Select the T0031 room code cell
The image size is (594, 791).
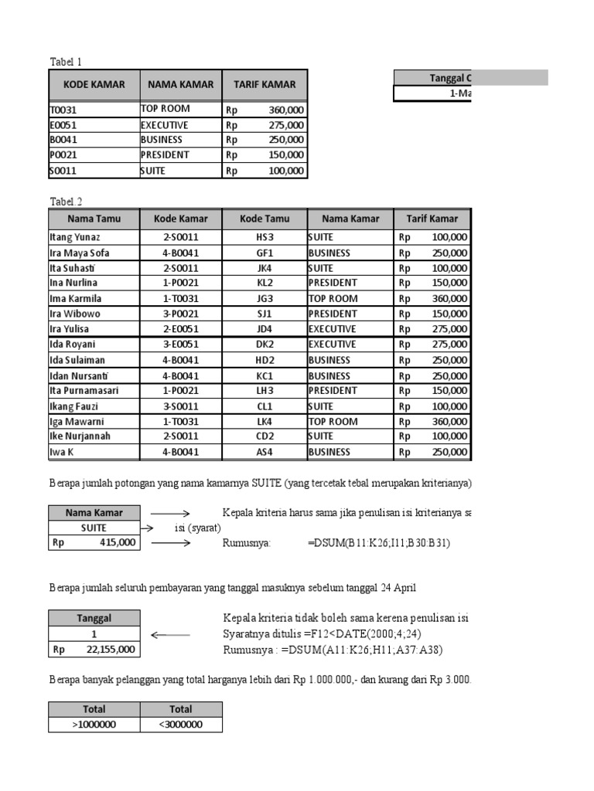(63, 110)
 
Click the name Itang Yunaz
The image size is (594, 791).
(75, 238)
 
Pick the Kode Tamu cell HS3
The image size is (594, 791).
(265, 238)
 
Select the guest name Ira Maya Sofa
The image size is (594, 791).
(80, 253)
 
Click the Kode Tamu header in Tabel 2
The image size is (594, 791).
(265, 219)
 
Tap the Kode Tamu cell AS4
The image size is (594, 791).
(265, 453)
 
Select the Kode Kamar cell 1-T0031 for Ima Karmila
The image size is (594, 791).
(180, 299)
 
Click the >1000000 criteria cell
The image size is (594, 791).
(94, 725)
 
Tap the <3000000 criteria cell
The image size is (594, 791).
(180, 725)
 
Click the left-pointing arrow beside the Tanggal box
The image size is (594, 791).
(169, 635)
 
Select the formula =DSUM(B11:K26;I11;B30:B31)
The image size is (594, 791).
(378, 543)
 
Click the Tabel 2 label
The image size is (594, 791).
(66, 202)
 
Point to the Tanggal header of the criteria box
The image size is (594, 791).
(94, 618)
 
